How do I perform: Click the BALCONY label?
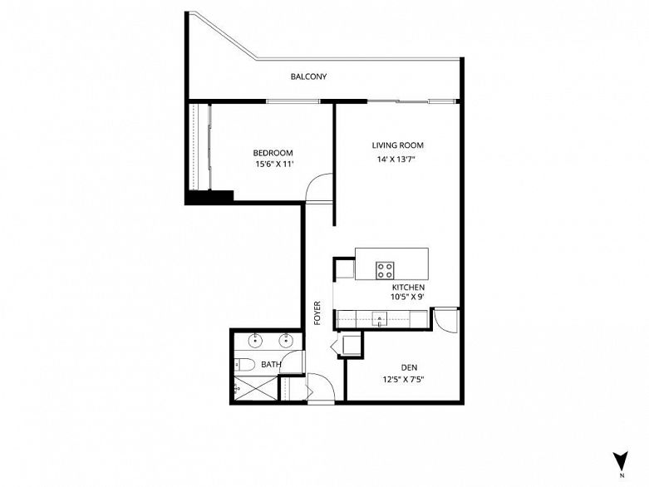(308, 76)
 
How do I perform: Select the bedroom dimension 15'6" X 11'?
(274, 164)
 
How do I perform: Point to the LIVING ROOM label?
(397, 145)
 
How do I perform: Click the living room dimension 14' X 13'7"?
(396, 159)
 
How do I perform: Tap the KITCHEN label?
(408, 288)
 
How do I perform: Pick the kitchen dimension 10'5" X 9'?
(407, 297)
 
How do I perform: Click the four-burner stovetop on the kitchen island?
(385, 270)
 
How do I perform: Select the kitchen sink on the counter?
(380, 319)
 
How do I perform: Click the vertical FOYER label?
(317, 312)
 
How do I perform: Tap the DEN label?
(409, 367)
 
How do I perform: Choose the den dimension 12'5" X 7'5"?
(404, 379)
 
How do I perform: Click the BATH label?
(271, 365)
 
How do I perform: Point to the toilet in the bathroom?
(244, 365)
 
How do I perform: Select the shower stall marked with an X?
(256, 388)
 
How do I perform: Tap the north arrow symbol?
(621, 460)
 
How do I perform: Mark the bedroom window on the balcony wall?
(293, 101)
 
